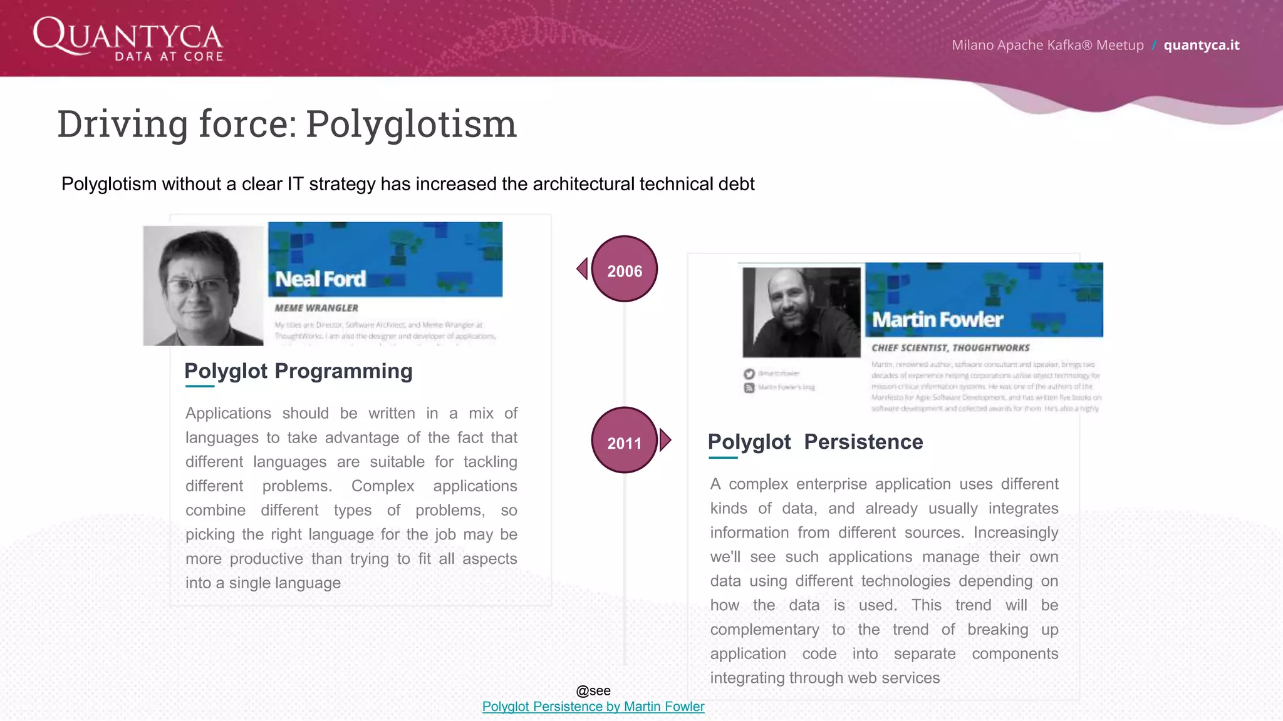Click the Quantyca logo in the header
pyautogui.click(x=128, y=39)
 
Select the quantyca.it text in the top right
pyautogui.click(x=1201, y=45)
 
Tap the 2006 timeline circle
pyautogui.click(x=624, y=269)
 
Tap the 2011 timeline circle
pyautogui.click(x=624, y=441)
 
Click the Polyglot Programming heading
pyautogui.click(x=298, y=371)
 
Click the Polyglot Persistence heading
pyautogui.click(x=815, y=442)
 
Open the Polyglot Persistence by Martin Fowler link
pyautogui.click(x=593, y=707)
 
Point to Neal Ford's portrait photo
pyautogui.click(x=203, y=286)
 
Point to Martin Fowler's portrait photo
pyautogui.click(x=801, y=312)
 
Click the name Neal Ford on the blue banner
pyautogui.click(x=320, y=279)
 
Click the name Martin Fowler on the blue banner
pyautogui.click(x=937, y=320)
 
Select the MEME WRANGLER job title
pyautogui.click(x=316, y=308)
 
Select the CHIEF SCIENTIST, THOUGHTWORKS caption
pyautogui.click(x=950, y=348)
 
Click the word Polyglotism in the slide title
pyautogui.click(x=411, y=124)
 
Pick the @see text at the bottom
pyautogui.click(x=593, y=690)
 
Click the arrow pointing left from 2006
pyautogui.click(x=583, y=268)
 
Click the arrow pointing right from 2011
pyautogui.click(x=665, y=440)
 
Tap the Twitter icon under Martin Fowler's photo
pyautogui.click(x=749, y=374)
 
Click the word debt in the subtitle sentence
pyautogui.click(x=737, y=184)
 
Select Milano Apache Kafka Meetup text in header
pyautogui.click(x=1047, y=45)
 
